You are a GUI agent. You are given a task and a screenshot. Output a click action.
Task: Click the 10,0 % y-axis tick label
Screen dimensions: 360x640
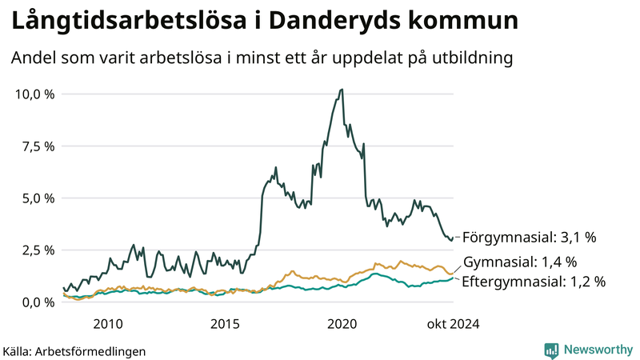(35, 94)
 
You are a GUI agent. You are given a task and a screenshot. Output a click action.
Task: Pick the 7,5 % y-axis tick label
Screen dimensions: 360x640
(38, 146)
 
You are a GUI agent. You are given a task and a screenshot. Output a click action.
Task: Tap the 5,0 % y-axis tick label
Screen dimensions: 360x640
(38, 198)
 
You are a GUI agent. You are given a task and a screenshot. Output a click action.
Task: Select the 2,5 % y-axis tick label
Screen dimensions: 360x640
(38, 250)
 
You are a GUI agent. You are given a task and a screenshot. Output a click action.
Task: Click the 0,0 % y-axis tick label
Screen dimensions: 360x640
(38, 302)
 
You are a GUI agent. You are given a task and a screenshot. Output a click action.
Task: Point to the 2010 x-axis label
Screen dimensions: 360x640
(108, 323)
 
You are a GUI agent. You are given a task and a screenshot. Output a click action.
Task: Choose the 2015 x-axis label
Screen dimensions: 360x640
(225, 323)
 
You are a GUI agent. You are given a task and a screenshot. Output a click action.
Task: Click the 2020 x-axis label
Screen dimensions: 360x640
(342, 323)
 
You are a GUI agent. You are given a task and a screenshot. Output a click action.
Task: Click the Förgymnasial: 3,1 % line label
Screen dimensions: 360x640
(530, 238)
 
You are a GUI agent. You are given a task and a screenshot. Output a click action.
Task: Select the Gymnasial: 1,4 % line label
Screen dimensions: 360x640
(520, 262)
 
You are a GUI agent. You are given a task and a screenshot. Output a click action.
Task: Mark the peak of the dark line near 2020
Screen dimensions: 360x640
(342, 90)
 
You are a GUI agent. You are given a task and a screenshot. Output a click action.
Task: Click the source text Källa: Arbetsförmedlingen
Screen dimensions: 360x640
(74, 350)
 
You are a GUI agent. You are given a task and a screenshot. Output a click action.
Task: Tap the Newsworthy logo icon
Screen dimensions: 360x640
(551, 350)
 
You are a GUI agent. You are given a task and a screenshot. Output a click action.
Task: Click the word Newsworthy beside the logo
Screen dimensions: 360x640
(596, 350)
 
